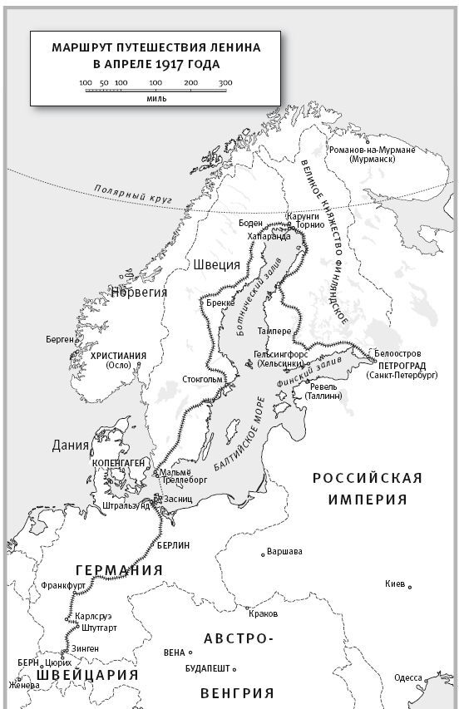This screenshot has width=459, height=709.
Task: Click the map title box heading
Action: pyautogui.click(x=155, y=56)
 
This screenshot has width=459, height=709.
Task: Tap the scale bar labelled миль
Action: pyautogui.click(x=155, y=91)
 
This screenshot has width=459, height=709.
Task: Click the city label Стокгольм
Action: pyautogui.click(x=202, y=380)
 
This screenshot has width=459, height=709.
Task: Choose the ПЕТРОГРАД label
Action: pyautogui.click(x=402, y=365)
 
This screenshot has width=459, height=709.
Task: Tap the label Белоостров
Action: pyautogui.click(x=398, y=353)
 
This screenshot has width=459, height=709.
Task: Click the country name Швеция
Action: pyautogui.click(x=216, y=265)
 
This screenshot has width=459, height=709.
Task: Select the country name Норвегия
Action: pyautogui.click(x=141, y=292)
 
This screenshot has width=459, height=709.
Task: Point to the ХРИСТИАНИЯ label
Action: pyautogui.click(x=118, y=356)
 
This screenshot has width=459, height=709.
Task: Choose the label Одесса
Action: pyautogui.click(x=408, y=677)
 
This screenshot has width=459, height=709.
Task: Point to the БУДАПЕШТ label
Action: pyautogui.click(x=208, y=668)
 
